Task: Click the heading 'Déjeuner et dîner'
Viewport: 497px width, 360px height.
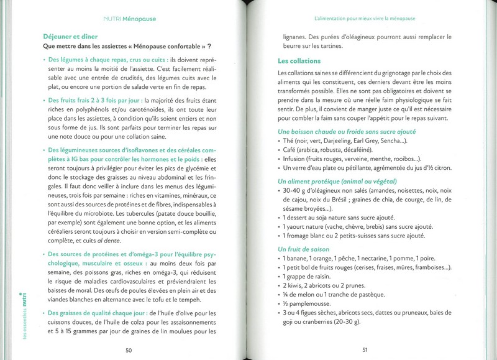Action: coord(72,36)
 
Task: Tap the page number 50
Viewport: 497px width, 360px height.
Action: coord(129,350)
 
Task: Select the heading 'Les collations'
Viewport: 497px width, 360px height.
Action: coord(299,61)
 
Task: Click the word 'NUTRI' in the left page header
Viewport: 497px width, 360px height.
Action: coord(114,19)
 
